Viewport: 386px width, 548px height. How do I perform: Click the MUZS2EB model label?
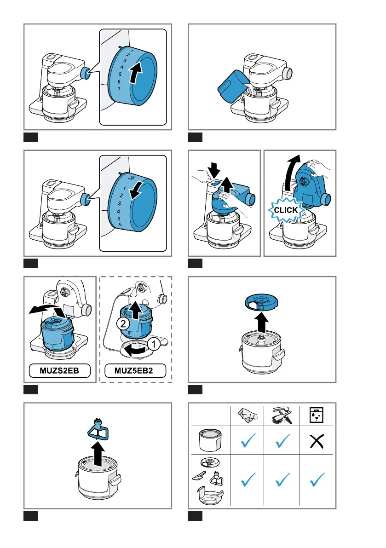[59, 370]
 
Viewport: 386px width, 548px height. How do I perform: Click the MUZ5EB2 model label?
[133, 370]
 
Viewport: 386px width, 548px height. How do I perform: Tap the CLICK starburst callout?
[286, 210]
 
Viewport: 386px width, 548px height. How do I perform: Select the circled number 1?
[153, 344]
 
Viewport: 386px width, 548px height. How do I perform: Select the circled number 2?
[123, 323]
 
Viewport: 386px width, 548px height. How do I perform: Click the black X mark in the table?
[317, 441]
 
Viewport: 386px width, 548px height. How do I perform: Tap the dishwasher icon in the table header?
[317, 415]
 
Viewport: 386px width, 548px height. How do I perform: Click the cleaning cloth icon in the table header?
[248, 415]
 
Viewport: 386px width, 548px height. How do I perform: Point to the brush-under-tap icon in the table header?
[282, 415]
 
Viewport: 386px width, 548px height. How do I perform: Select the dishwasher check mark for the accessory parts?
[317, 479]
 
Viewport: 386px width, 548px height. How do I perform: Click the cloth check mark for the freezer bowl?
[248, 440]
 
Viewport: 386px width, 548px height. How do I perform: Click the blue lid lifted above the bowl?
[261, 302]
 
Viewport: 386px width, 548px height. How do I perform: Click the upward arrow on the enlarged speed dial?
[136, 71]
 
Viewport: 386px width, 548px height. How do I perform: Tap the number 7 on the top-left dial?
[119, 89]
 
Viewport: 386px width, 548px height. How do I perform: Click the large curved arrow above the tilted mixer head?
[292, 171]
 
